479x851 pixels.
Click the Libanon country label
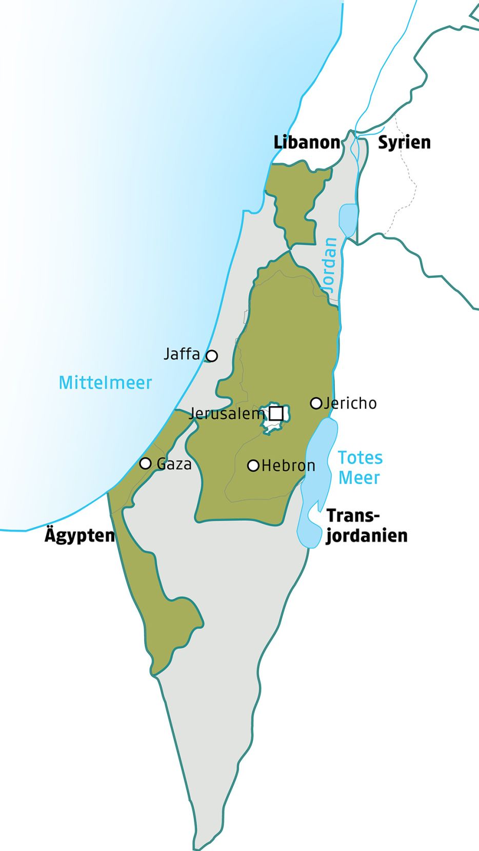click(307, 143)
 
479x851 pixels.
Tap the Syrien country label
click(404, 143)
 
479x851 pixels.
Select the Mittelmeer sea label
click(105, 382)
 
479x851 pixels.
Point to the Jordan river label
click(330, 265)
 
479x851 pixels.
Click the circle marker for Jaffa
click(211, 355)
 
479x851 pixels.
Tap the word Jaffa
click(182, 354)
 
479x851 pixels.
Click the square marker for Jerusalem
click(276, 413)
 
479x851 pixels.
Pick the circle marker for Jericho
click(316, 403)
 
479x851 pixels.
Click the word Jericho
click(351, 403)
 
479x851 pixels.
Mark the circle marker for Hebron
click(253, 465)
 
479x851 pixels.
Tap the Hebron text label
click(288, 465)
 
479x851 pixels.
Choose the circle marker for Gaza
click(146, 463)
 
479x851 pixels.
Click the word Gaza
click(174, 464)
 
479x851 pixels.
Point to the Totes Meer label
click(360, 468)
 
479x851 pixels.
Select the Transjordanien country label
click(366, 525)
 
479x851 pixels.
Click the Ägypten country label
click(79, 535)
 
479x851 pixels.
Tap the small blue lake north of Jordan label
click(348, 219)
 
